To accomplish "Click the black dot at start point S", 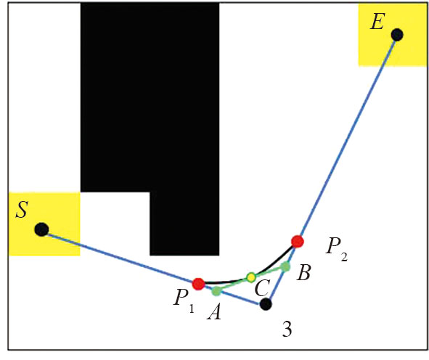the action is (x=41, y=229).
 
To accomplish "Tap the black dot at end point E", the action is (x=397, y=35).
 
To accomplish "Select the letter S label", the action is (x=22, y=210).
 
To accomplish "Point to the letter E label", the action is (x=377, y=21).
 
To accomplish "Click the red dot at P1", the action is (x=198, y=284).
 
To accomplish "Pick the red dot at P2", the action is (x=298, y=241).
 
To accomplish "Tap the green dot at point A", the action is (x=216, y=291).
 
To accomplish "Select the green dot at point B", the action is (x=285, y=266).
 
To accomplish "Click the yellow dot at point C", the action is (x=251, y=277).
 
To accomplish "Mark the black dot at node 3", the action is (x=266, y=304).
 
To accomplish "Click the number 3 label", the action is (x=287, y=330).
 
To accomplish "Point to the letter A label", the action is (x=214, y=312).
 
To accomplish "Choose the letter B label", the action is (x=303, y=273).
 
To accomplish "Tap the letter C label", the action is (x=261, y=288).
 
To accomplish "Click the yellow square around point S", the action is (x=44, y=224).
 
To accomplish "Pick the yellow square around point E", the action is (x=393, y=35).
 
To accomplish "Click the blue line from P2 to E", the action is (x=347, y=138).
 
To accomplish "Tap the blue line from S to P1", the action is (x=120, y=257).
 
